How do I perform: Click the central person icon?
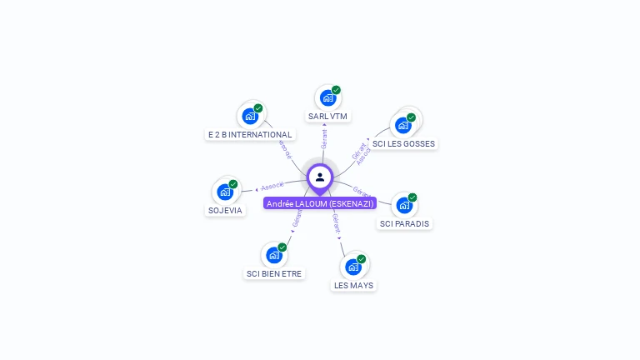click(320, 177)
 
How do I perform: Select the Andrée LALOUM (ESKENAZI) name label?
click(320, 203)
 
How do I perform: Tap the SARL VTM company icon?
click(327, 98)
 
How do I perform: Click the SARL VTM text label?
click(327, 117)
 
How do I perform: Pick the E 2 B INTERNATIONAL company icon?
click(250, 117)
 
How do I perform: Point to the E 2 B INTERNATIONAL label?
click(250, 135)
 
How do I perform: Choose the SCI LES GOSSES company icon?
click(403, 125)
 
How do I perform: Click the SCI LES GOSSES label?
click(404, 143)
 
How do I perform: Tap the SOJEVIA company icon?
click(225, 192)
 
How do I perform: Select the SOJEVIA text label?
click(225, 210)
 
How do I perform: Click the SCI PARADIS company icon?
click(404, 205)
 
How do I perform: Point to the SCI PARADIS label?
click(406, 223)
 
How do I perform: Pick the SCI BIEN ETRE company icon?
click(274, 255)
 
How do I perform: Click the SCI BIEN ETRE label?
click(275, 273)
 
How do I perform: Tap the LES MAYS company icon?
click(353, 267)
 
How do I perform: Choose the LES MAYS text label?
click(354, 285)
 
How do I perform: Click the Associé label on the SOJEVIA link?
click(271, 187)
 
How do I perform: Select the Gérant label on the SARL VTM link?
click(323, 138)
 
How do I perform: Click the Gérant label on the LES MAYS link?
click(336, 223)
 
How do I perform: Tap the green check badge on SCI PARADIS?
click(412, 197)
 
